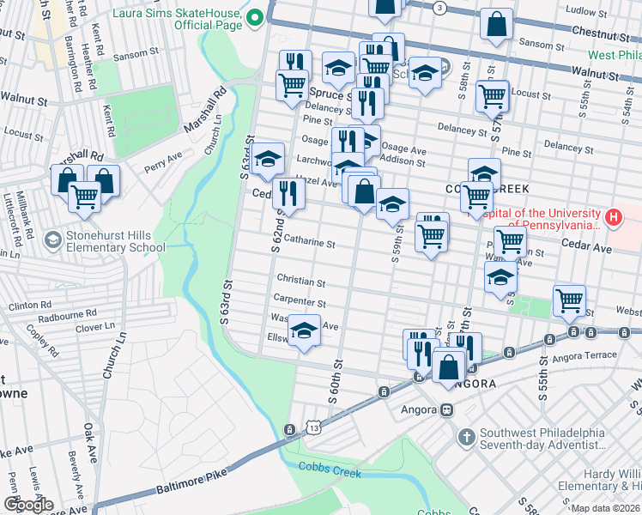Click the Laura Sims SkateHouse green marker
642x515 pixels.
(254, 18)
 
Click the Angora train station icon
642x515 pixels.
(447, 409)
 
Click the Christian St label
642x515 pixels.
(300, 282)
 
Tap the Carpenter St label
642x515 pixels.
(299, 303)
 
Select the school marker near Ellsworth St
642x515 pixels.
(304, 331)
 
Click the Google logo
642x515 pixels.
(27, 505)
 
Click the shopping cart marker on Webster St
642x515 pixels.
(569, 301)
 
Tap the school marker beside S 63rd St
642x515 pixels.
(268, 159)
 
